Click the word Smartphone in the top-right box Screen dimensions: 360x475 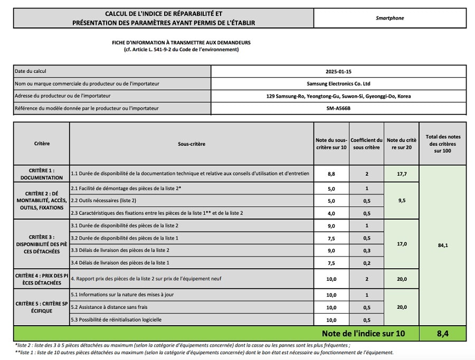[389, 18]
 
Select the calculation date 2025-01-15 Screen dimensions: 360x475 [338, 71]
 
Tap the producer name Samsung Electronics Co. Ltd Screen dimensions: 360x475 [338, 83]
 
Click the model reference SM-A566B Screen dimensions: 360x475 [338, 109]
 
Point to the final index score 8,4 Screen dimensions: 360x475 [443, 334]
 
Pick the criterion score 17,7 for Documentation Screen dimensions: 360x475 [402, 173]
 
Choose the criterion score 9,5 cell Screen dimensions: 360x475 [402, 200]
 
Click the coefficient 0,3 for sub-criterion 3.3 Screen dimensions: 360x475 [366, 250]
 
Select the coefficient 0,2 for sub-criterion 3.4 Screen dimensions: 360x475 [366, 262]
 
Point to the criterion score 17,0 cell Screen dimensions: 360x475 [402, 244]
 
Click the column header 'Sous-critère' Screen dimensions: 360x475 [191, 144]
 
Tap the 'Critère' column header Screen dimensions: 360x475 [42, 144]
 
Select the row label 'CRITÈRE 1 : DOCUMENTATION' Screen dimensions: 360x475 [42, 174]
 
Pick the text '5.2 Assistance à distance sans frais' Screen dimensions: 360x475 [110, 307]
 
